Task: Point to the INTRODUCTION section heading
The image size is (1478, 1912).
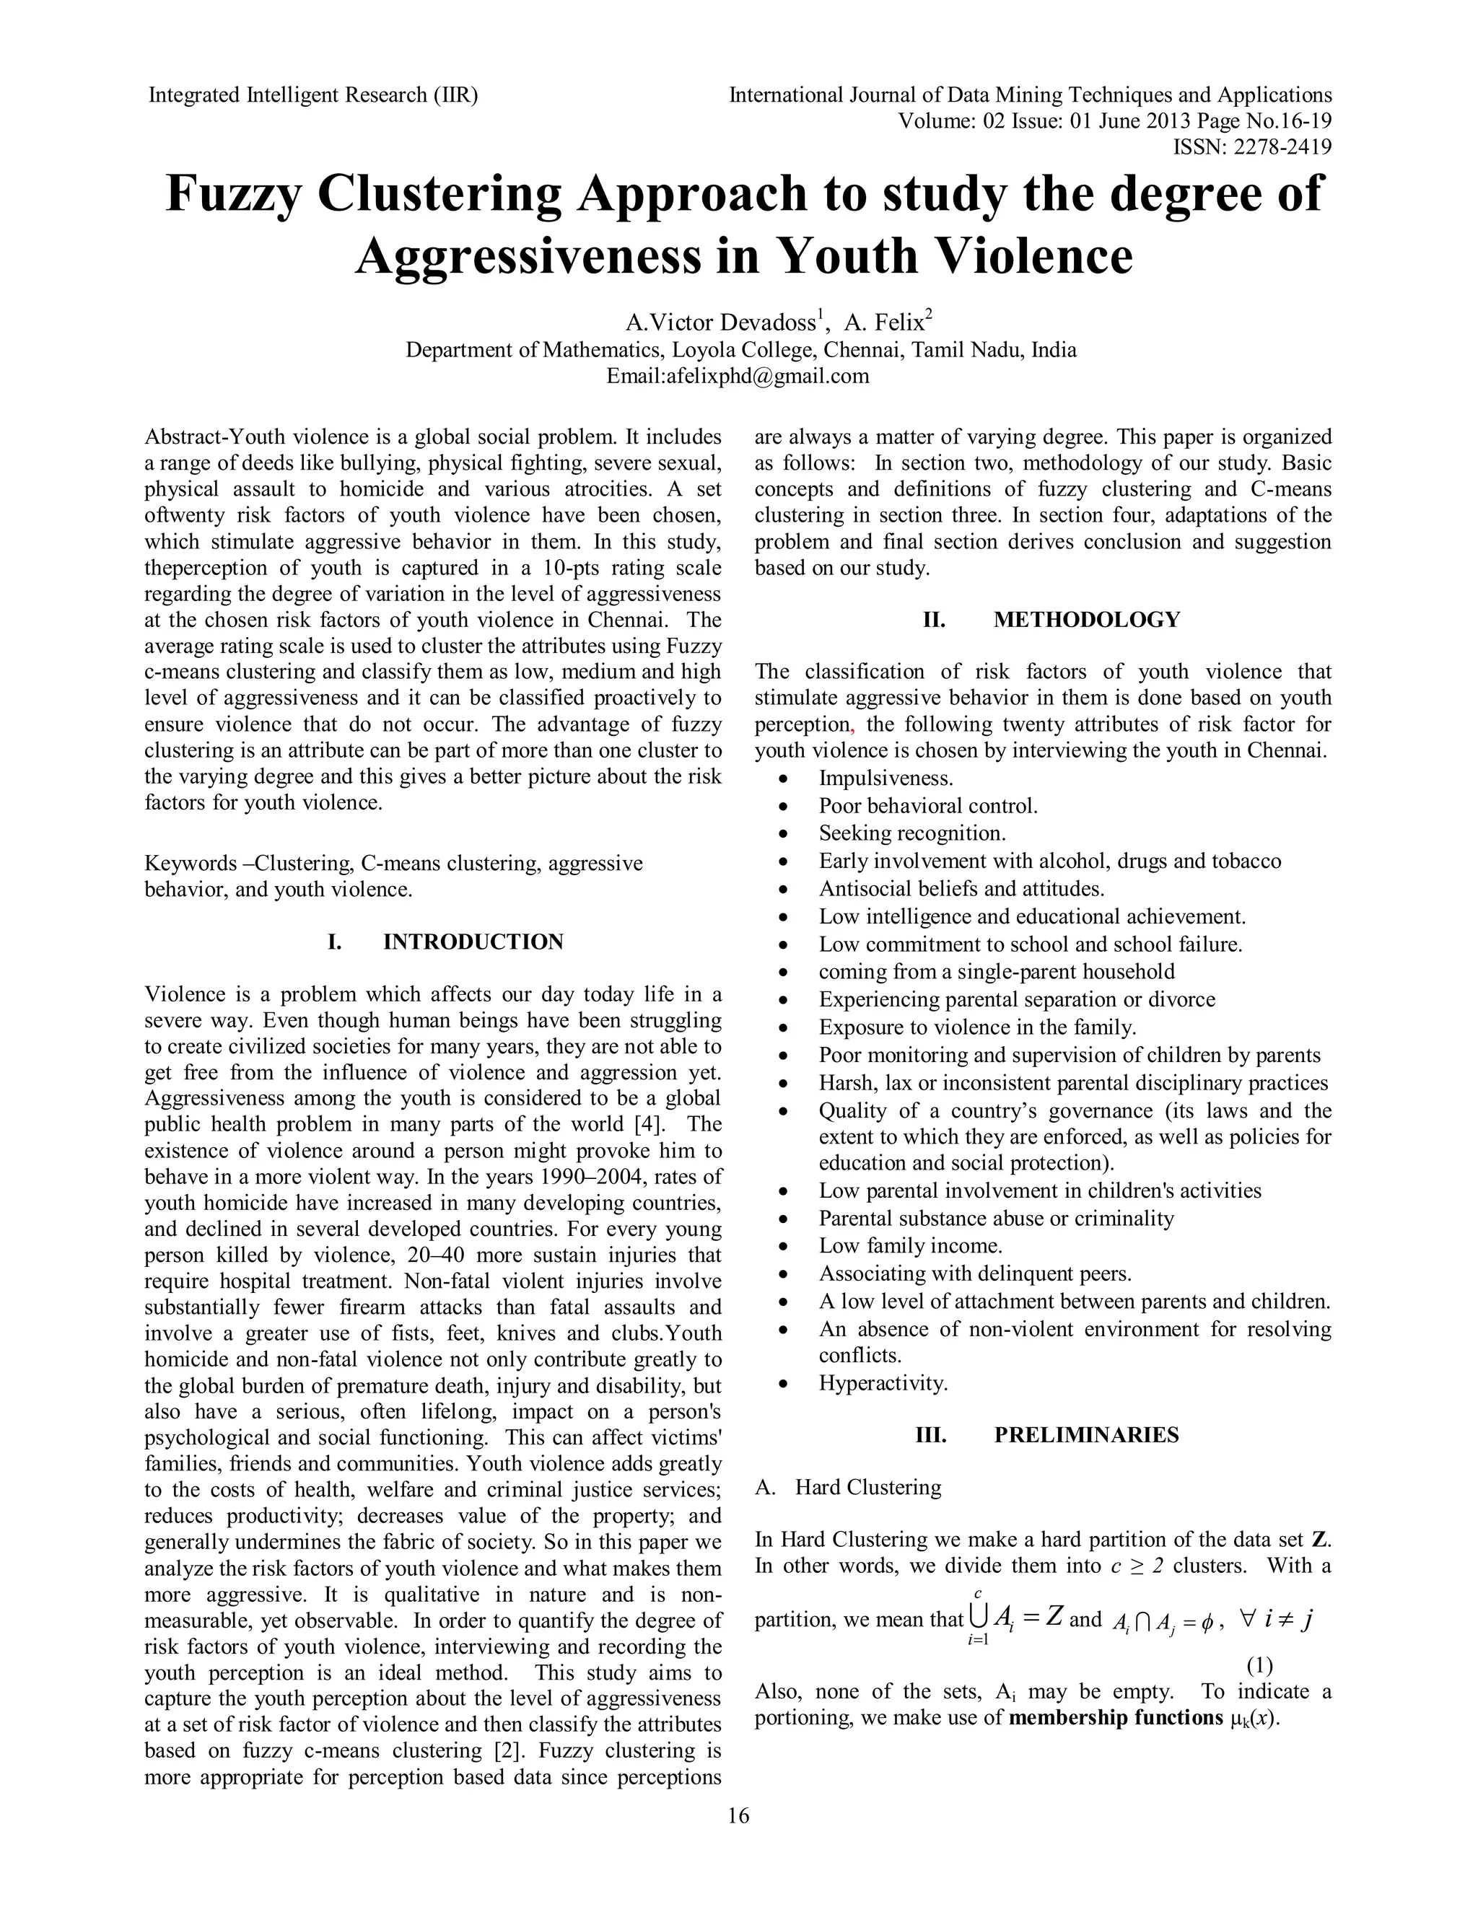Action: pos(473,942)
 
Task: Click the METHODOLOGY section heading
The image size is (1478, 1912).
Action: pos(1085,620)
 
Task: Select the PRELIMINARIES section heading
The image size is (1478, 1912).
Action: pos(1085,1435)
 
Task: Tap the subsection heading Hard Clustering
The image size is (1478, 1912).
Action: pos(867,1488)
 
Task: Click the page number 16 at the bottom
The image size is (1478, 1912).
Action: pos(738,1816)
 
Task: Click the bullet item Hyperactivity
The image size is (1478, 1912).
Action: pos(883,1383)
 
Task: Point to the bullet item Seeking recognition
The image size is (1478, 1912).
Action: pos(911,833)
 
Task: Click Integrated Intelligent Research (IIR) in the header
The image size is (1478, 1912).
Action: pos(312,95)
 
